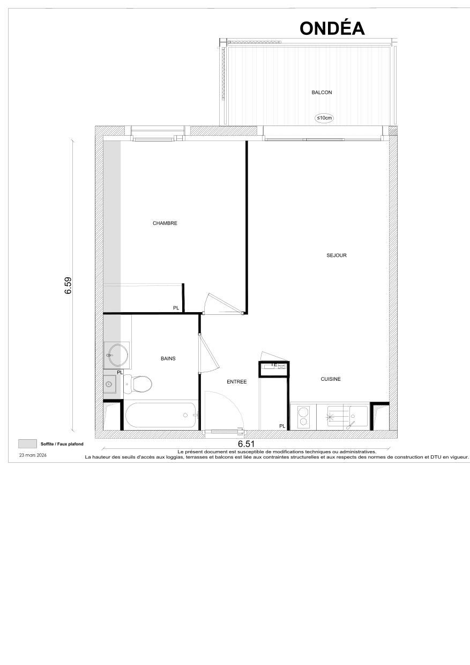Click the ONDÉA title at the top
click(x=332, y=28)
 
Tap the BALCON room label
click(x=322, y=92)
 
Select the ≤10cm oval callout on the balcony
click(x=324, y=117)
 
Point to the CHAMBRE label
click(x=165, y=223)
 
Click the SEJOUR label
click(x=336, y=255)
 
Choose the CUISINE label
click(x=331, y=379)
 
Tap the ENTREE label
click(x=236, y=382)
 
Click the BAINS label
click(x=168, y=358)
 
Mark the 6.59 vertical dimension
click(x=68, y=285)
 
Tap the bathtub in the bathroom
click(x=160, y=416)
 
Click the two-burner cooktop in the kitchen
click(x=303, y=417)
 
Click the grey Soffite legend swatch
click(x=27, y=444)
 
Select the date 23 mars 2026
click(x=33, y=455)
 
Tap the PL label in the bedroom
click(x=176, y=308)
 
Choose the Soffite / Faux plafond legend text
click(x=62, y=444)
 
